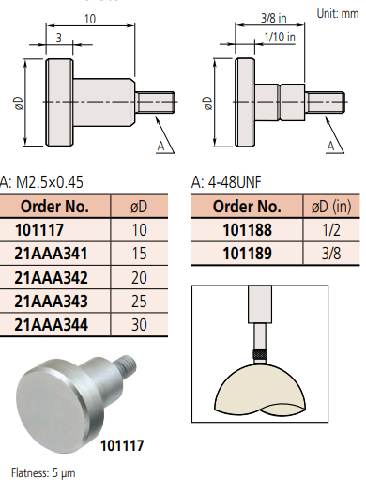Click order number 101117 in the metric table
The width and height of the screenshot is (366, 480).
tap(39, 230)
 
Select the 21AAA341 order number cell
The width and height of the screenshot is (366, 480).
tap(51, 254)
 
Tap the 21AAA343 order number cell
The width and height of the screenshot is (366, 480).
tap(51, 301)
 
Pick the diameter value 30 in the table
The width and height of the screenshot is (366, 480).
tap(139, 325)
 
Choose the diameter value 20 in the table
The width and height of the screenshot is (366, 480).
tap(139, 277)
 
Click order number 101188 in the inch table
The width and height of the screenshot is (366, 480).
tap(247, 230)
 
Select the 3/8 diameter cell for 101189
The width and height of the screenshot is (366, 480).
tap(331, 254)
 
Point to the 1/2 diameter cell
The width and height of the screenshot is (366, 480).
tap(331, 230)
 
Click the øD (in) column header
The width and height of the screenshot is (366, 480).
tap(331, 207)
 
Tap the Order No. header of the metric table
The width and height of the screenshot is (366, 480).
tap(54, 207)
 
